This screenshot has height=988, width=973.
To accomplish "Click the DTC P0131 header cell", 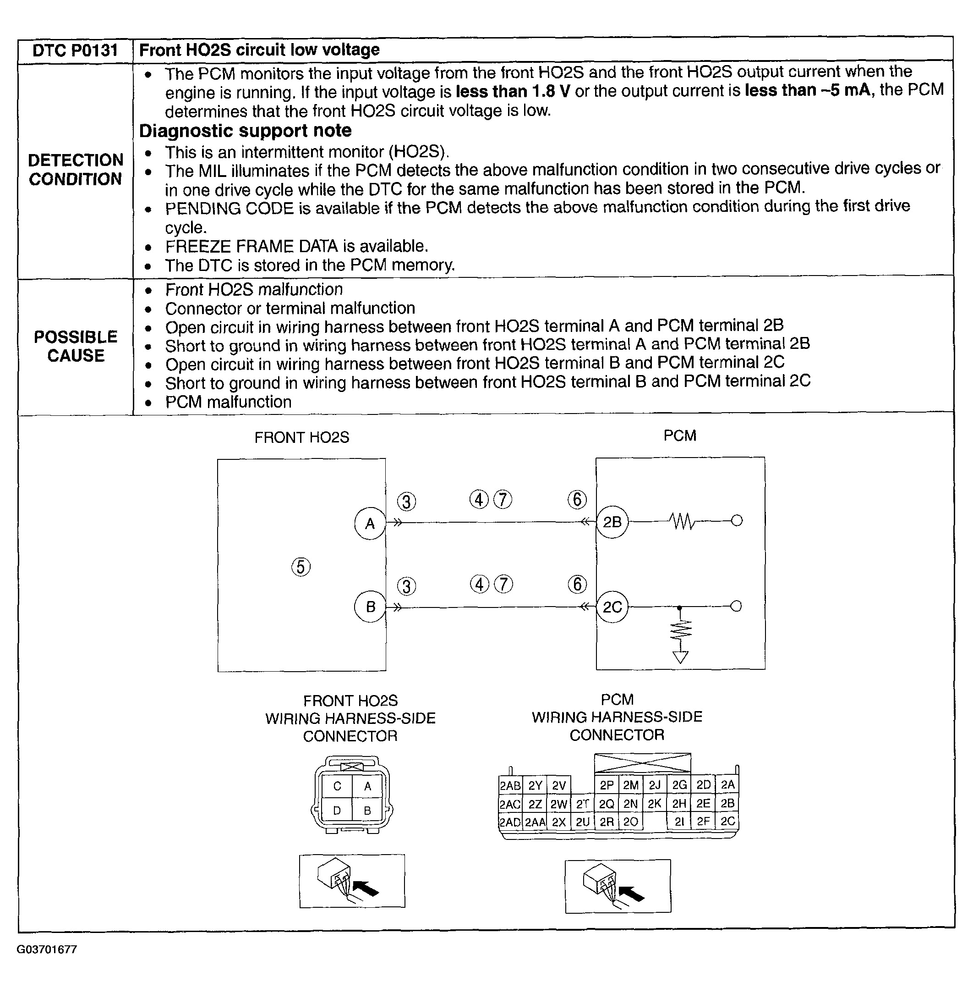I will (75, 50).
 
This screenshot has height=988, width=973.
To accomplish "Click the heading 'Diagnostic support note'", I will (245, 131).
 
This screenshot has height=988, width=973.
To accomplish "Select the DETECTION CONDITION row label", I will (76, 170).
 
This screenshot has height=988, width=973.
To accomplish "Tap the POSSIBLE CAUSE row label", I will (76, 346).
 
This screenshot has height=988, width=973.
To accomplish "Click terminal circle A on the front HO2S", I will (370, 523).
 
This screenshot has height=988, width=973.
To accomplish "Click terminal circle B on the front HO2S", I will (370, 607).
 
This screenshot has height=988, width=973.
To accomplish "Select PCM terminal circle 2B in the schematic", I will (612, 522).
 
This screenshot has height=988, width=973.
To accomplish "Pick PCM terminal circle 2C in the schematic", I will (612, 607).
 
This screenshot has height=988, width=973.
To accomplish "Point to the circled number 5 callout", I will (301, 567).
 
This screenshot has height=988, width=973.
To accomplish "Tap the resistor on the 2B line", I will (682, 522).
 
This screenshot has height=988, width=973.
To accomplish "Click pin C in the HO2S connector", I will (337, 786).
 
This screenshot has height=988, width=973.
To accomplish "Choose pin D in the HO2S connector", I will (337, 811).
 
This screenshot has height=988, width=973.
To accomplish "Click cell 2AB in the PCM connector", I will (510, 785).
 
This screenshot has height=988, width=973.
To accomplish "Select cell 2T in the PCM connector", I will (583, 804).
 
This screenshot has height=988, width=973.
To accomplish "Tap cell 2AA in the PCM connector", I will (535, 822).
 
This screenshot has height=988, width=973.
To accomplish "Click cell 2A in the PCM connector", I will (728, 785).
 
